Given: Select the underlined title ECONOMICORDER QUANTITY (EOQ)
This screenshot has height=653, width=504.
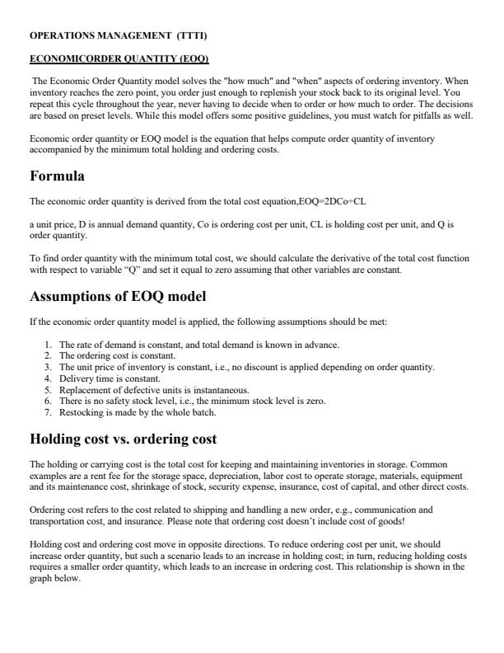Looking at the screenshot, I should [x=119, y=59].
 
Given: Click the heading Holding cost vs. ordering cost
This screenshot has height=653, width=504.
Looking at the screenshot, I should [x=123, y=439].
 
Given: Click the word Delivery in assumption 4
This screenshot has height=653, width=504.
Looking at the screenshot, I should [x=75, y=378].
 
